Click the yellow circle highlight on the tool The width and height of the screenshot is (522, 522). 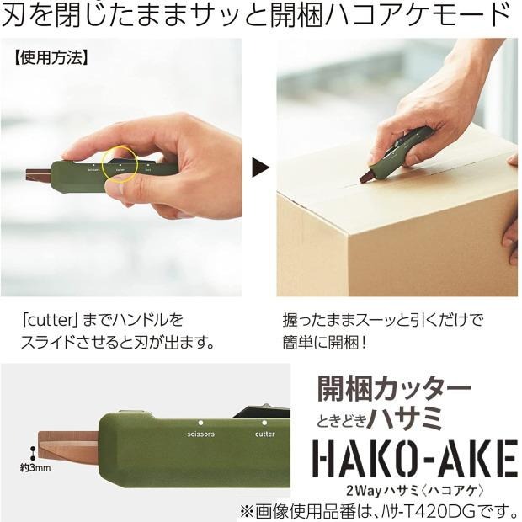click(x=120, y=164)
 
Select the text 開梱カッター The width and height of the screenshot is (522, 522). click(x=393, y=389)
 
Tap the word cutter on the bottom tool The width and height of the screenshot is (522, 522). click(x=264, y=434)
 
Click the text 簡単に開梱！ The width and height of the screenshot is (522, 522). click(x=326, y=343)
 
